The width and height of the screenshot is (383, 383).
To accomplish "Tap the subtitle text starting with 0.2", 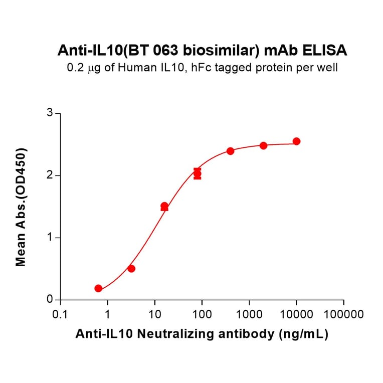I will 202,68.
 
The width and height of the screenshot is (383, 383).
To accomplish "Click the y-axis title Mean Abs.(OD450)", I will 21,207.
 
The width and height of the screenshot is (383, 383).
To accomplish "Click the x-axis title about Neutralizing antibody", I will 202,334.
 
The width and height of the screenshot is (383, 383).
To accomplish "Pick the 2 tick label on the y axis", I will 50,175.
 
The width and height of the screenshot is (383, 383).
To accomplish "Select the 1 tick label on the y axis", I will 50,238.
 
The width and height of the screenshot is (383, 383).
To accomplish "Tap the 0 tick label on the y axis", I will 50,300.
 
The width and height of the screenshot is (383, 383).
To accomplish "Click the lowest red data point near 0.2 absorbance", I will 98,288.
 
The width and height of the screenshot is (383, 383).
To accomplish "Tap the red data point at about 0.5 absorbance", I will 131,269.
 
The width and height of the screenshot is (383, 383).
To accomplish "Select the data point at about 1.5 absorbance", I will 164,206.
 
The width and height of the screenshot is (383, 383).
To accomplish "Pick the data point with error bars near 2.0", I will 198,173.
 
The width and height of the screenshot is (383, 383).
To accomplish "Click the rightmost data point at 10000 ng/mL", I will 296,141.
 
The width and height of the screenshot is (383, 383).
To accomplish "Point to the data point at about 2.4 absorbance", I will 230,151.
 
